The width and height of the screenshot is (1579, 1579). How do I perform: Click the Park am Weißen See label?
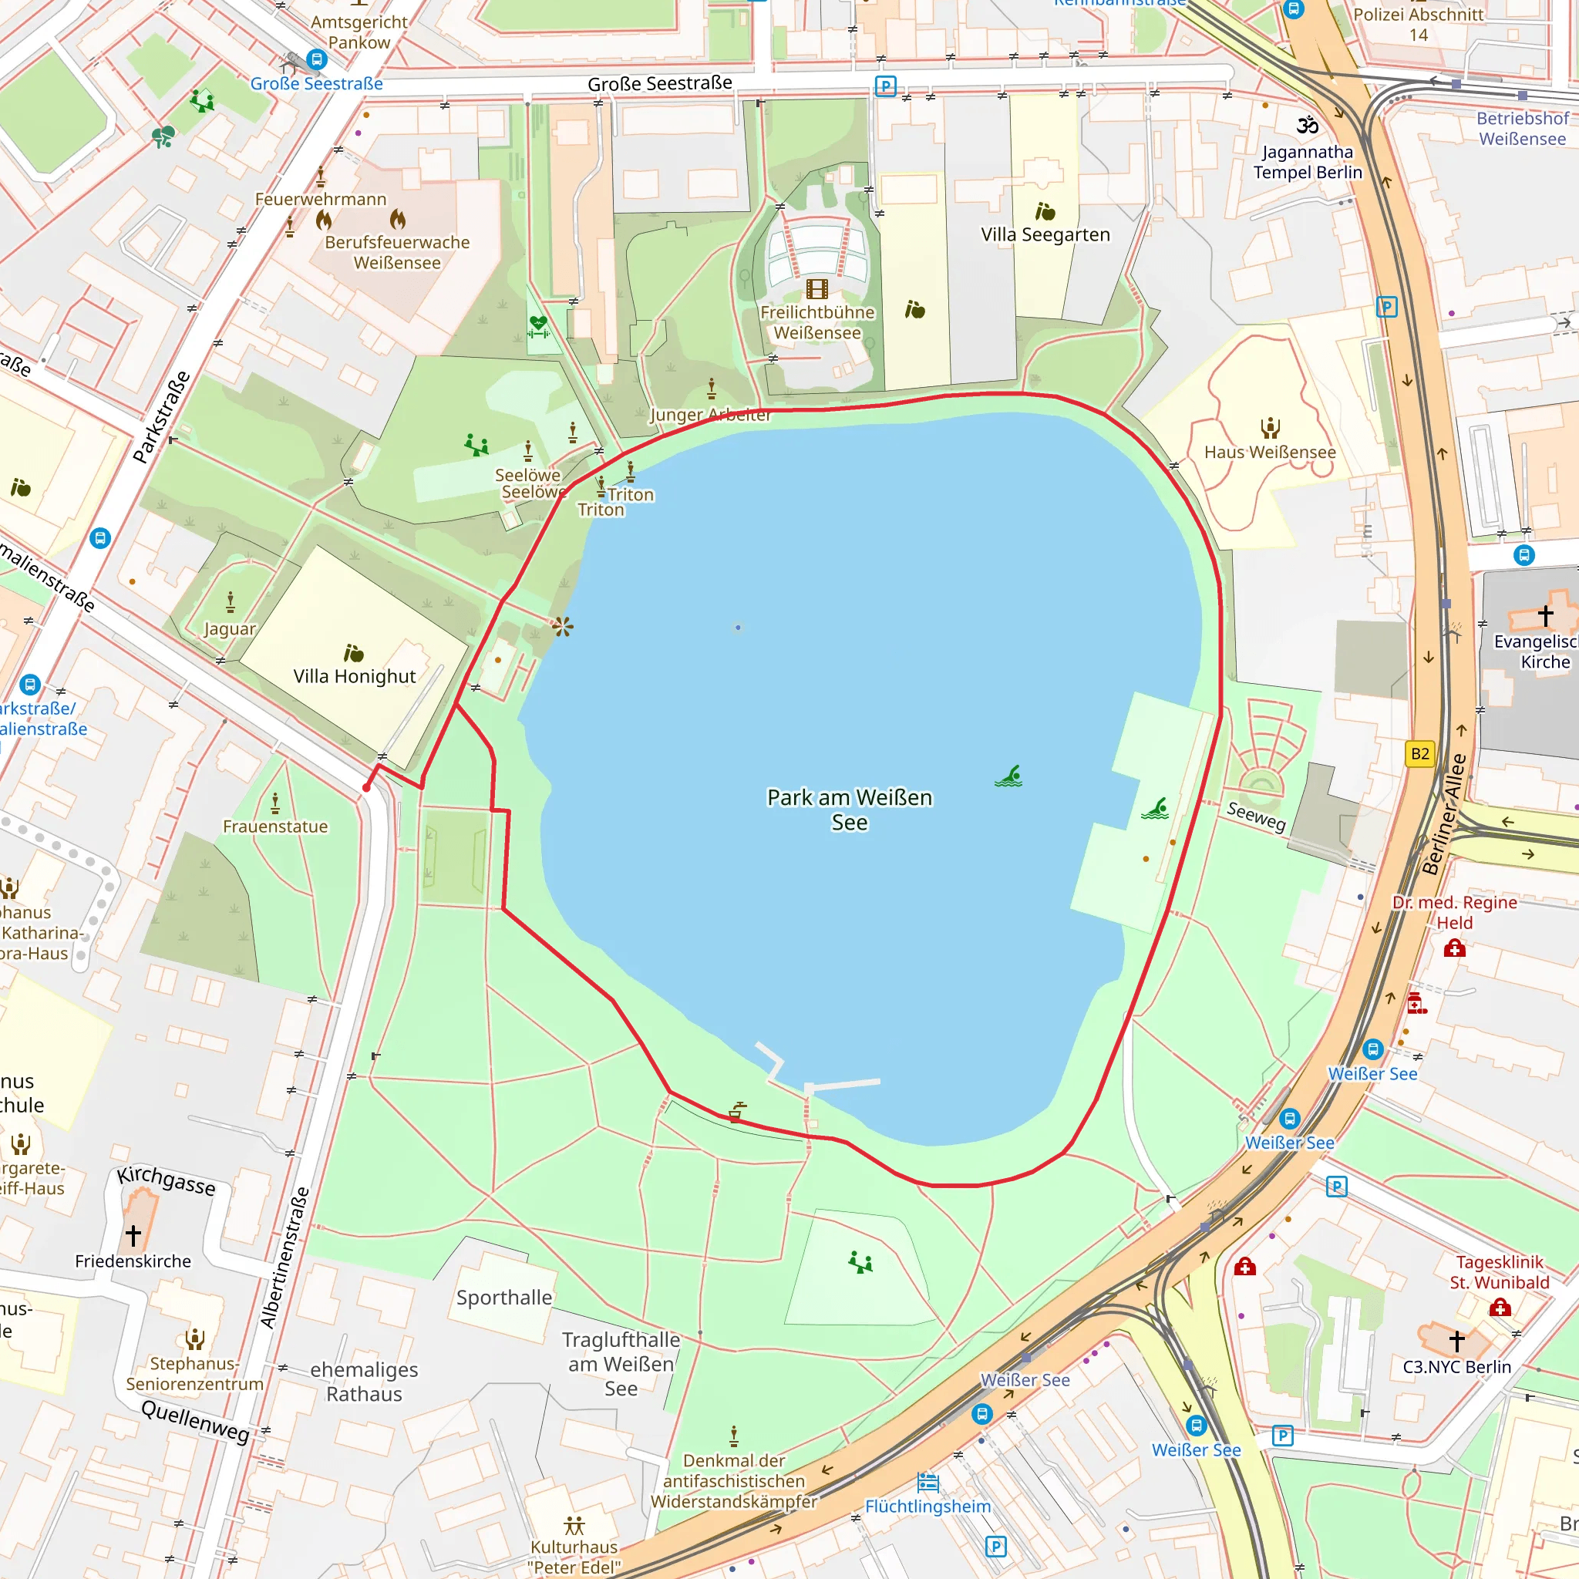849,809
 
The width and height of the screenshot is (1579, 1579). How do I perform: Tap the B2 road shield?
1419,753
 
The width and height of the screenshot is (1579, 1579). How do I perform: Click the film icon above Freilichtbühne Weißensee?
816,288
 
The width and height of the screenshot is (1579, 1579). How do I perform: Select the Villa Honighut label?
354,676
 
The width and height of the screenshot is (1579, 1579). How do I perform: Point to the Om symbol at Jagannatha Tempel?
1307,125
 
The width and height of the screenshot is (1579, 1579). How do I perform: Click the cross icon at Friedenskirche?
133,1234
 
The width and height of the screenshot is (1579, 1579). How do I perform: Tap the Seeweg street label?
1256,816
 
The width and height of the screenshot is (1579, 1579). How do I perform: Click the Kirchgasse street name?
166,1180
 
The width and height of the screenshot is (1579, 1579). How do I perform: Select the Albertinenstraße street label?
285,1257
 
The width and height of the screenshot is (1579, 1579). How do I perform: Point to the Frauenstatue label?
275,827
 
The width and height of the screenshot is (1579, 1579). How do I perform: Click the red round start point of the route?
366,788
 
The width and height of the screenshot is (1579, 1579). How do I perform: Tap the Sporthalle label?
504,1297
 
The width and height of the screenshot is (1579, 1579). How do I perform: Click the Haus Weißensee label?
1269,452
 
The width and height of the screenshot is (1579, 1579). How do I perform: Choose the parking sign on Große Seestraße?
885,86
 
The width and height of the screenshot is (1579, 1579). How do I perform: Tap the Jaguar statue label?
230,628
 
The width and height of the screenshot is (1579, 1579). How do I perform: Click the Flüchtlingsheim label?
928,1506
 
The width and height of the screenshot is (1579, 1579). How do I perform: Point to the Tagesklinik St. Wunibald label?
1499,1271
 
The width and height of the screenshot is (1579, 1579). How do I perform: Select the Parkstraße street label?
162,417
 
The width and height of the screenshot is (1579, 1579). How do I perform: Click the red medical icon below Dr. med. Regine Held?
1454,948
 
